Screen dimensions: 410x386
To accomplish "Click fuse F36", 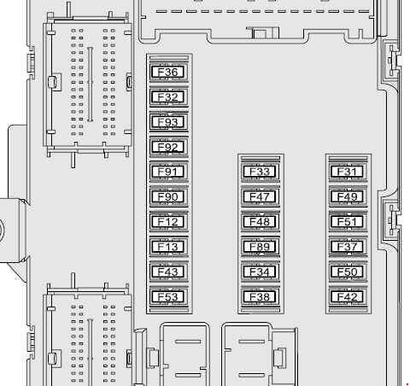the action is [169, 72].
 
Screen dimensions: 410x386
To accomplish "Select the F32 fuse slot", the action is [169, 97].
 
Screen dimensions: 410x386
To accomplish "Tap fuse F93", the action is [169, 122].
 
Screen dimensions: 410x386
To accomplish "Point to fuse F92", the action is [169, 147].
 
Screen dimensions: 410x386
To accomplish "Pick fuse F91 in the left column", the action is [169, 172].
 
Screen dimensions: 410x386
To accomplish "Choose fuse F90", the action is [169, 196].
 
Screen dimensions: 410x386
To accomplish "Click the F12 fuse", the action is [169, 222].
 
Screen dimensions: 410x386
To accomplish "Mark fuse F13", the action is [169, 247].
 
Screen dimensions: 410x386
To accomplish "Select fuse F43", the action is [169, 272].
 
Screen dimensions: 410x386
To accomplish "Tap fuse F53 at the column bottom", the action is [169, 297].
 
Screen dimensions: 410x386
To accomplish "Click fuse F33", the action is [261, 172].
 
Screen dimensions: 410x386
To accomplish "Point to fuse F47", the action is [261, 196].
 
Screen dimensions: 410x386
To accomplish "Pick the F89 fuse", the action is [261, 247].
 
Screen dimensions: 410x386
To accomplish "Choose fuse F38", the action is [261, 297].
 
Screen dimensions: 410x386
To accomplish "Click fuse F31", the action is [348, 172].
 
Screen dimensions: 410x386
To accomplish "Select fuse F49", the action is [348, 196].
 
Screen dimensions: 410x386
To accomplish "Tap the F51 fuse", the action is [348, 222].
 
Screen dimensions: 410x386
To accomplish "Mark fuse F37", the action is [348, 247].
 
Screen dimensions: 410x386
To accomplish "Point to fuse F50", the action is [348, 272].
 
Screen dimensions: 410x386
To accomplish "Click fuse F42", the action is [348, 297].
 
